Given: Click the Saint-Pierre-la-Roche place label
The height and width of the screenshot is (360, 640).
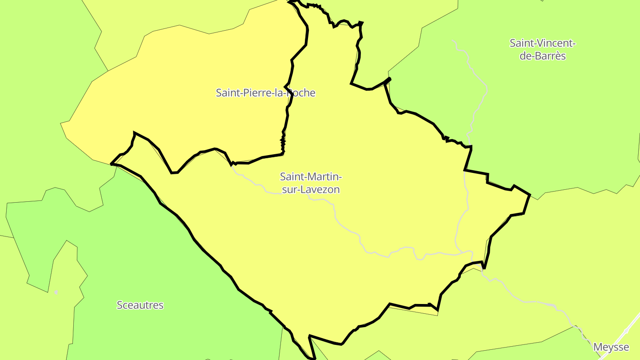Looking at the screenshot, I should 265,93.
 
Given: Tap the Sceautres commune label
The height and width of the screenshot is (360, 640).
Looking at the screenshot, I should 140,305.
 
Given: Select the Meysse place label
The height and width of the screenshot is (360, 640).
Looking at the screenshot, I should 611,347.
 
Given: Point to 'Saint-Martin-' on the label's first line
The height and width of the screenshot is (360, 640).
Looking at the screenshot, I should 311,177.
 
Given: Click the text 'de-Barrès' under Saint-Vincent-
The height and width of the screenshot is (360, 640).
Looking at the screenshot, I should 543,56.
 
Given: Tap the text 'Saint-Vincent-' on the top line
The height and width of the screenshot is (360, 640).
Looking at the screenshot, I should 543,44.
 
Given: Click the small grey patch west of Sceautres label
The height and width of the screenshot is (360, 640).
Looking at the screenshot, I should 56,292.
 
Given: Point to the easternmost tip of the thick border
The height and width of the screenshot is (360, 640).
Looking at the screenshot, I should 530,195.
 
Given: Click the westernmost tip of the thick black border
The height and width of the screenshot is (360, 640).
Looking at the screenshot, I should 111,164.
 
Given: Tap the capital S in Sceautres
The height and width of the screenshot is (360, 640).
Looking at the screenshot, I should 120,305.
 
